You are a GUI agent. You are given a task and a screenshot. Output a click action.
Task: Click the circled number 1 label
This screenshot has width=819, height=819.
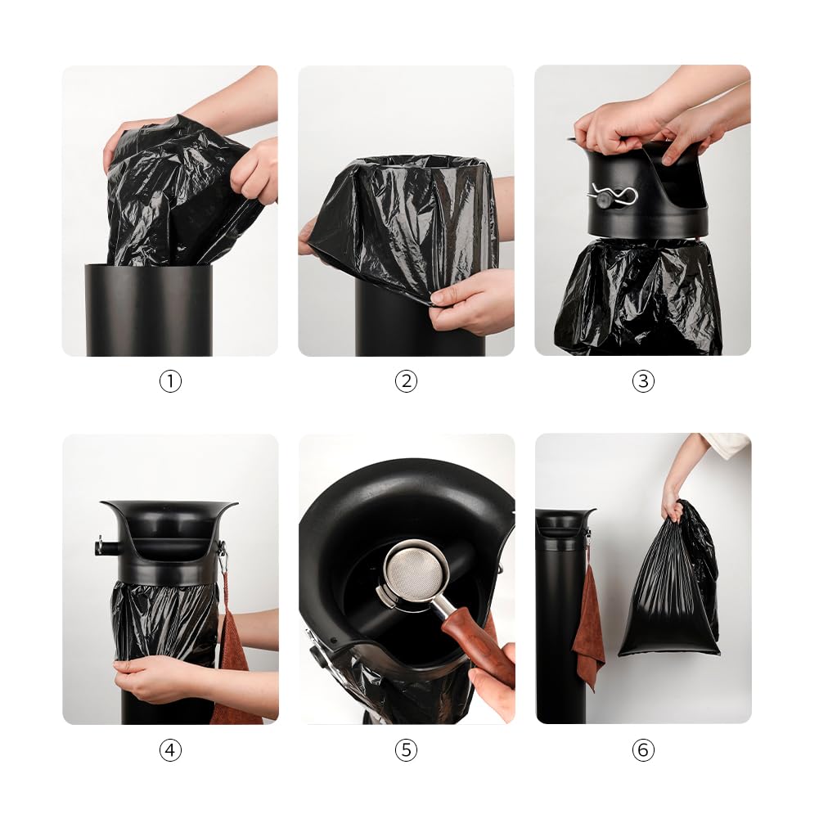click(x=170, y=381)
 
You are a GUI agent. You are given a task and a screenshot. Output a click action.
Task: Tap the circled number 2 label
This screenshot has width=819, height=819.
click(x=407, y=381)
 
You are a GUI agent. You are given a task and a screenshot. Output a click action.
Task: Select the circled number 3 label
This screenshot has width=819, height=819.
click(x=643, y=381)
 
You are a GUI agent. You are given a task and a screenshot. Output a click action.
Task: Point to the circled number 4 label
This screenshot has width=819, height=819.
click(x=170, y=749)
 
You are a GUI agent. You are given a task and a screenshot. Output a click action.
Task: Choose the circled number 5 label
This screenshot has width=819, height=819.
click(x=407, y=749)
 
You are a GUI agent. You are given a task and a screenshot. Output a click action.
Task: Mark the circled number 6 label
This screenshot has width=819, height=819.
click(x=643, y=749)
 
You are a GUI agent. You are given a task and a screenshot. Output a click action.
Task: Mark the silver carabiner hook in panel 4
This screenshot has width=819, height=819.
click(x=222, y=560)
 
